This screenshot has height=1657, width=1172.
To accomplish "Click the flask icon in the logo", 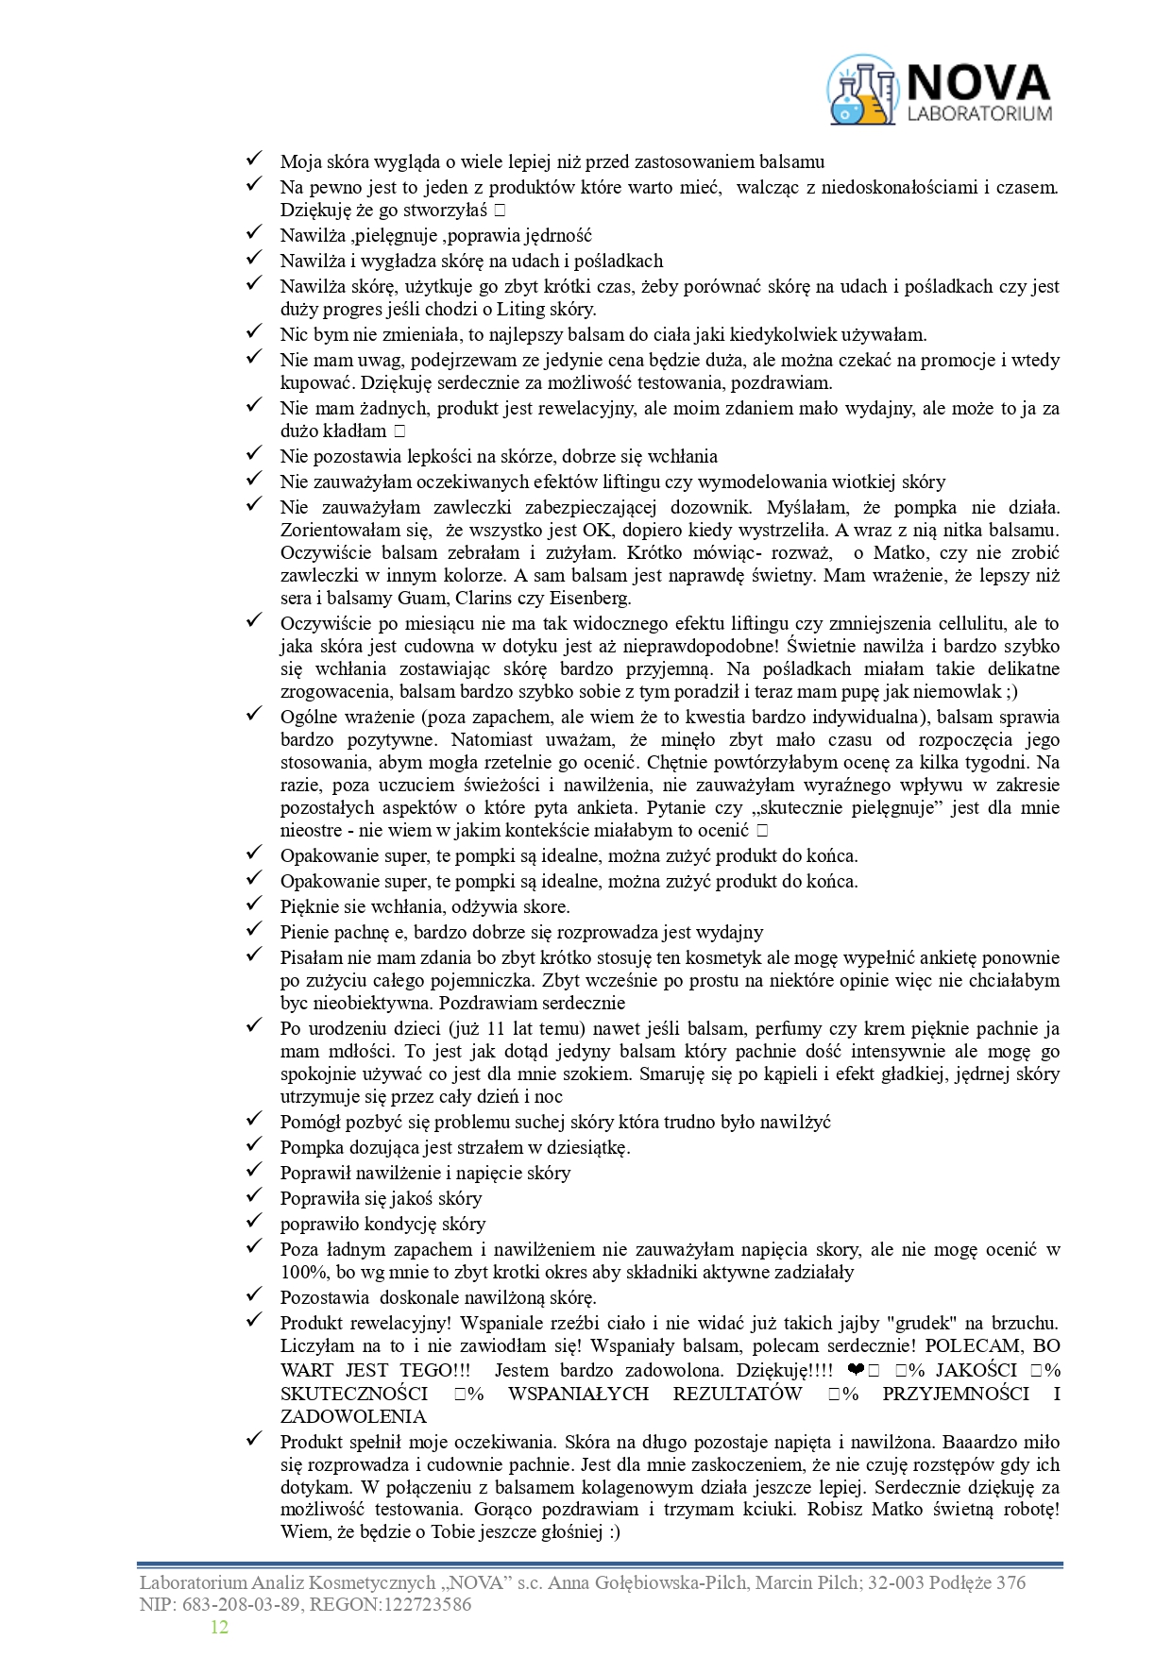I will [861, 90].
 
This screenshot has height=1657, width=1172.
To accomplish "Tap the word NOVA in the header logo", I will [977, 83].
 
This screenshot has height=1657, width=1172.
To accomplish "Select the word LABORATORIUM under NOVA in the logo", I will [978, 113].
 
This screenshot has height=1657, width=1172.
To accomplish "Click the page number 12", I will [219, 1627].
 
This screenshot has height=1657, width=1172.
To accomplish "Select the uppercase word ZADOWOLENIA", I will [353, 1416].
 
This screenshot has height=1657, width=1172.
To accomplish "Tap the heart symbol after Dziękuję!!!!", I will [855, 1371].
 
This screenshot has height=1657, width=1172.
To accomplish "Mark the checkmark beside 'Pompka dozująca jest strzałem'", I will [253, 1146].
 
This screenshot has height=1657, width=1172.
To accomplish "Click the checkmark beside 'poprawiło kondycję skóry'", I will [253, 1223].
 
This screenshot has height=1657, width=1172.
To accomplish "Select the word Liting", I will [524, 309].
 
